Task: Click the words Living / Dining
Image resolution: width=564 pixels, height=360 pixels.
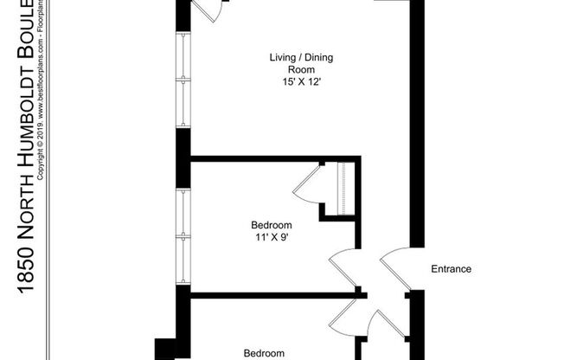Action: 300,58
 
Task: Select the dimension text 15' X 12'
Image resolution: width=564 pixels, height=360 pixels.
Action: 300,83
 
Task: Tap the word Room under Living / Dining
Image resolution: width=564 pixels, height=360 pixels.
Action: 300,70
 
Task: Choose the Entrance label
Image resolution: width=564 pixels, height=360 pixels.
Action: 452,269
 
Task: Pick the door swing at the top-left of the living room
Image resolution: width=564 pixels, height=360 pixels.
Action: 208,10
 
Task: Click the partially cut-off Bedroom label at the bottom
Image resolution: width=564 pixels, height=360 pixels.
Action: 264,353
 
